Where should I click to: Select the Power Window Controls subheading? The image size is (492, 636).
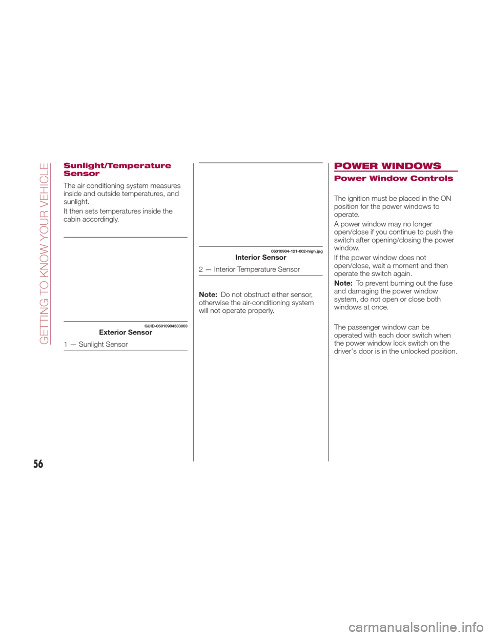click(x=394, y=179)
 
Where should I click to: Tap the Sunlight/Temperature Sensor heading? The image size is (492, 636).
click(x=117, y=169)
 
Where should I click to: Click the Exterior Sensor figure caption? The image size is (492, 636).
click(x=126, y=332)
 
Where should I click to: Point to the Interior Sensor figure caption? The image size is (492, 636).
click(x=260, y=258)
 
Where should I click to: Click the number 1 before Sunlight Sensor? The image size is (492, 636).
click(x=66, y=344)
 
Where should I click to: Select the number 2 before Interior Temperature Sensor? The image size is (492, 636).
click(x=201, y=269)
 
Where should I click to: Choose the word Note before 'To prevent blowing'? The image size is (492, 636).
click(x=342, y=283)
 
